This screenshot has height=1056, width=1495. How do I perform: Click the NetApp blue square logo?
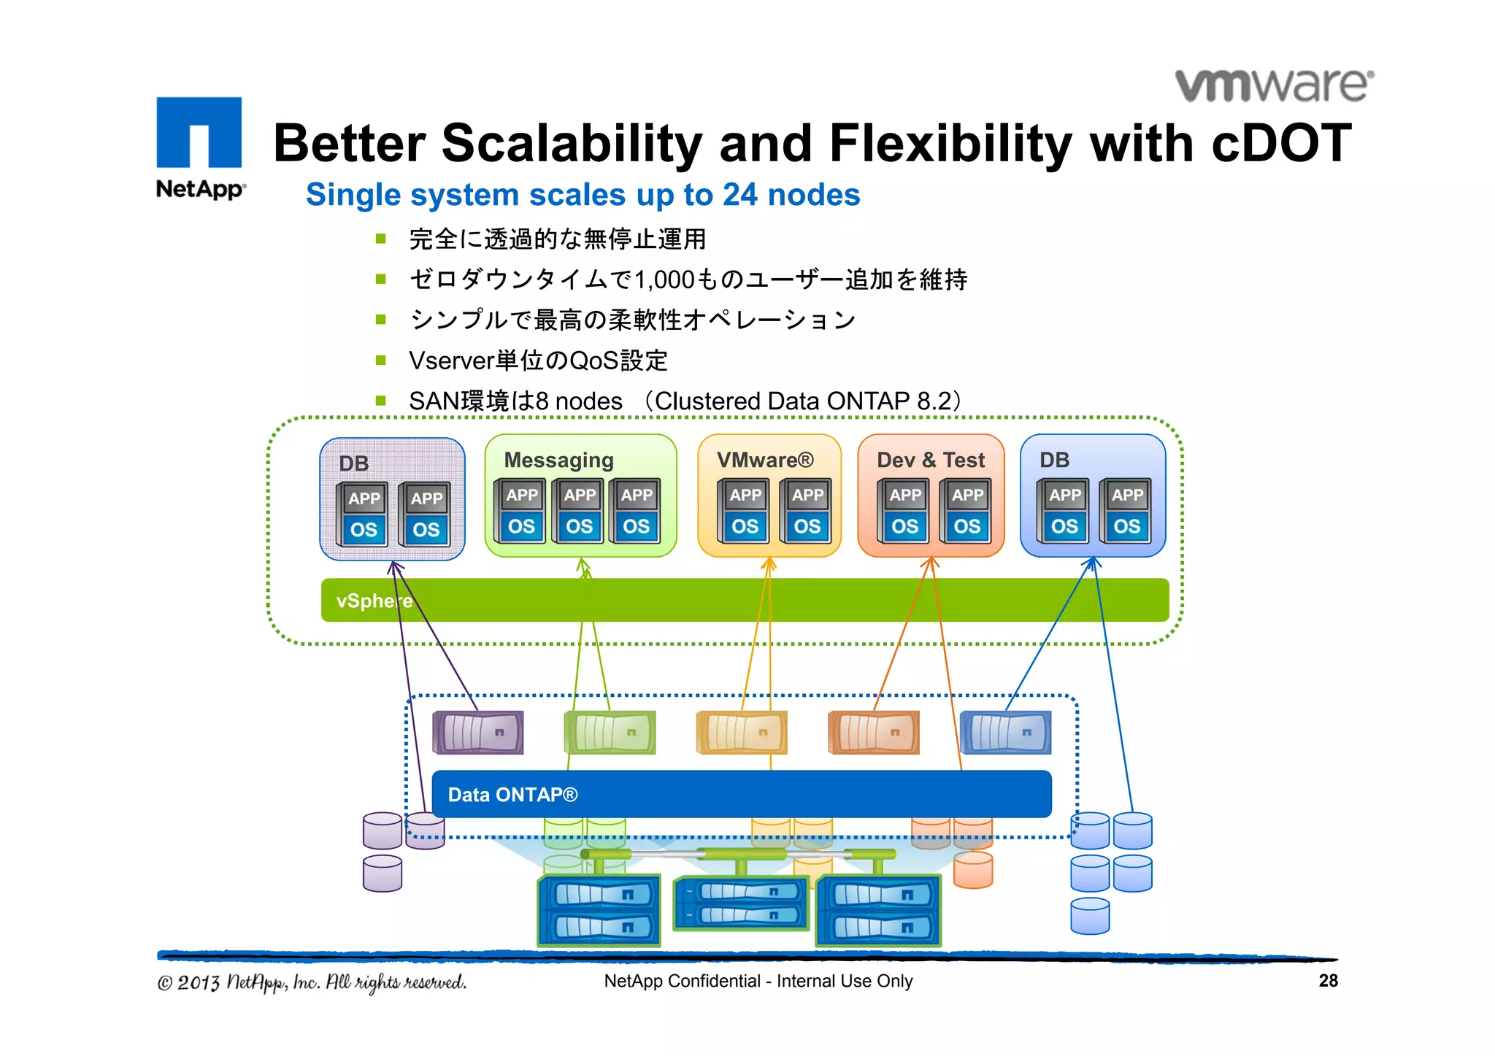(199, 132)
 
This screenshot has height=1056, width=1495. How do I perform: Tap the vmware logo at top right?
(1274, 85)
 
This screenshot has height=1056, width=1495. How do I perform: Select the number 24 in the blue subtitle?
(740, 195)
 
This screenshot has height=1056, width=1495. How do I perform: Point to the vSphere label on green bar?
(374, 601)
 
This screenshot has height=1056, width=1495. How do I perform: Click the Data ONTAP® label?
(512, 795)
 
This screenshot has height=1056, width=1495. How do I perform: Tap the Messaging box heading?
(558, 460)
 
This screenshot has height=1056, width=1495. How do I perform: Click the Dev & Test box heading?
(930, 460)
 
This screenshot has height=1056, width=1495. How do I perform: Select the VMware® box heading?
(764, 460)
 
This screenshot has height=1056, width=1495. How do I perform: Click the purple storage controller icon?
(478, 732)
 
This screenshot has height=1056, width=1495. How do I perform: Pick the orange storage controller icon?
(874, 732)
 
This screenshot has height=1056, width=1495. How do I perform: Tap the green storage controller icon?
(610, 732)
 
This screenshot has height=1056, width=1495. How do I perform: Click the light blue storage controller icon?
(1006, 732)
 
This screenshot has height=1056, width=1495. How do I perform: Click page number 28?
(1328, 981)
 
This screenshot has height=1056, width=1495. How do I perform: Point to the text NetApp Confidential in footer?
(682, 982)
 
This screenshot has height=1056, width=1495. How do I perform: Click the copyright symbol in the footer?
(165, 983)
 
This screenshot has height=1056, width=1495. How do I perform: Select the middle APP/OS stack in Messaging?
(579, 511)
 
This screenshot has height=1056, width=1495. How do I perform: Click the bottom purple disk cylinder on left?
(382, 874)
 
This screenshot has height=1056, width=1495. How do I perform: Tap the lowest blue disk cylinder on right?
(1090, 916)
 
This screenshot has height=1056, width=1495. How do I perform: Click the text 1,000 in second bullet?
(665, 280)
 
